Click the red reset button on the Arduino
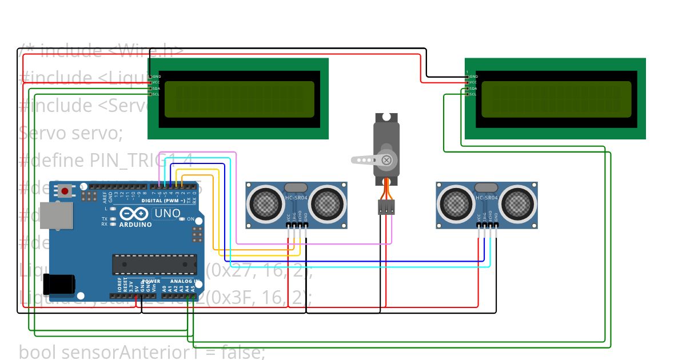pos(65,191)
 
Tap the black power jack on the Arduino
pos(59,284)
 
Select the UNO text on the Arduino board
pos(167,214)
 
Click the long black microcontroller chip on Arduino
pos(154,265)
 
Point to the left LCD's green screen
pos(239,99)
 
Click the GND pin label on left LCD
pos(156,77)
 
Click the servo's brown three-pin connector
pos(386,207)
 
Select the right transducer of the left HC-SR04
pos(328,203)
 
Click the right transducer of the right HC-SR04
pos(519,203)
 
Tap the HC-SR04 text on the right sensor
pos(487,198)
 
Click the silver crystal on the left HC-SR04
pos(296,187)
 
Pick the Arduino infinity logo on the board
pos(133,214)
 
